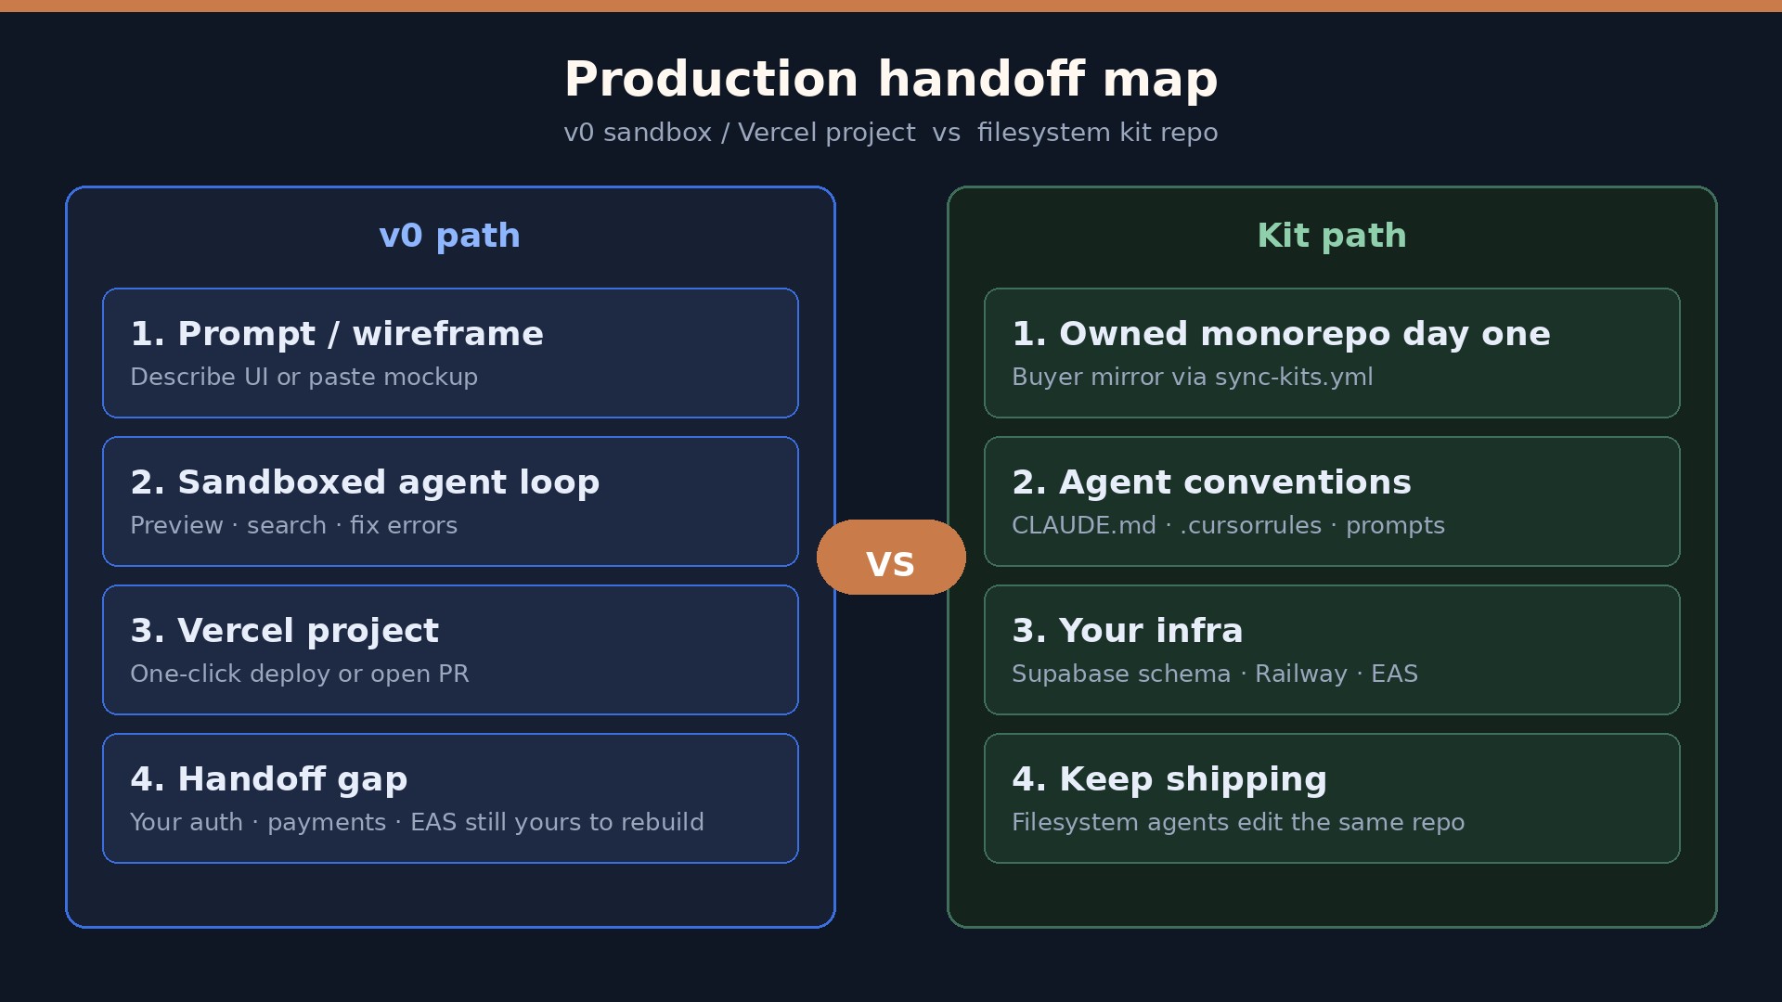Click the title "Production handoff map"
891,80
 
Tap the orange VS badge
891,557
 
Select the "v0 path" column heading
450,236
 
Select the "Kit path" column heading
1332,236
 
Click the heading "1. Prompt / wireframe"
337,334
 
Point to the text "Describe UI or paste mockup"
303,378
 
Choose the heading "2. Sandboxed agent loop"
365,482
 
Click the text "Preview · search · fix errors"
293,526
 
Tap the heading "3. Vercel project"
284,631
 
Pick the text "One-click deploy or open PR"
300,674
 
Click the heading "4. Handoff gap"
269,779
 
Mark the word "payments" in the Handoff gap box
327,823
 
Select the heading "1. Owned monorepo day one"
1281,334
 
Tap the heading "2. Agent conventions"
1211,482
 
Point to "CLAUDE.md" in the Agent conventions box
1084,526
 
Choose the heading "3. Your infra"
1128,631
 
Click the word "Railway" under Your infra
1301,674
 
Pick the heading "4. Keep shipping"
1169,779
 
